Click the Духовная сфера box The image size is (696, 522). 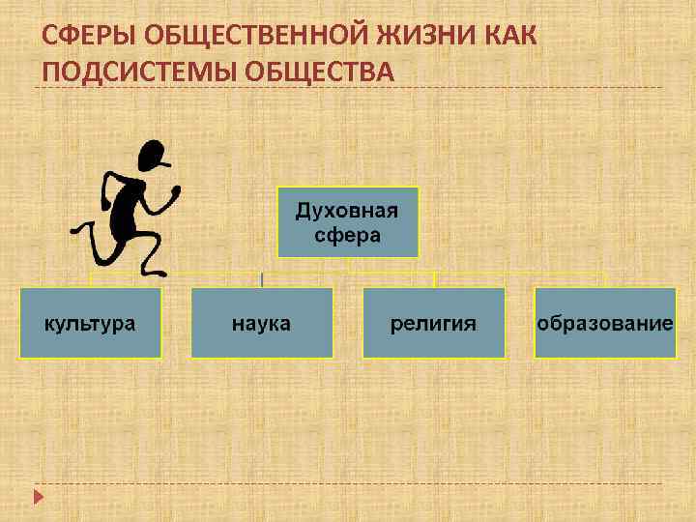(x=348, y=222)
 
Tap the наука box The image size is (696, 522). (x=261, y=323)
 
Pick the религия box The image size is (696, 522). (x=433, y=323)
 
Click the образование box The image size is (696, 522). (x=605, y=323)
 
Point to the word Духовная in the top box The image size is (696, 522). (x=348, y=211)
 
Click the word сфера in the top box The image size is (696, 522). (x=348, y=235)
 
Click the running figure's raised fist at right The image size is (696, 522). (x=176, y=192)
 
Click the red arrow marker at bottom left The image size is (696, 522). (x=39, y=497)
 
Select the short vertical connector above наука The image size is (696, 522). (x=261, y=279)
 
